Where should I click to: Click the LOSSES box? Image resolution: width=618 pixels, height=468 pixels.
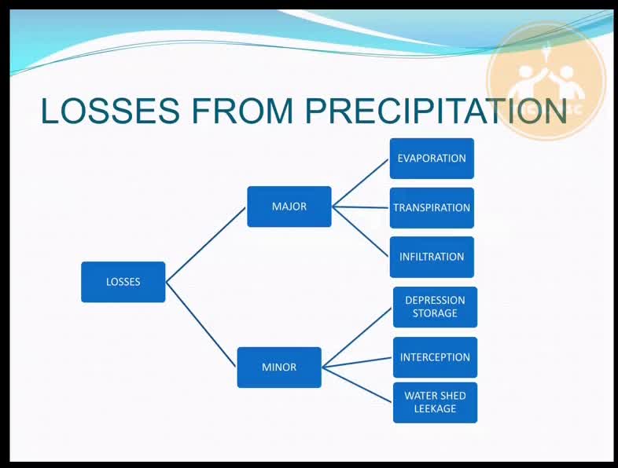tap(123, 282)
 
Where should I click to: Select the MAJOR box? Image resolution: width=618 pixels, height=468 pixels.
tap(289, 207)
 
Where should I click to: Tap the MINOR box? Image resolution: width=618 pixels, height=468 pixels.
tap(279, 367)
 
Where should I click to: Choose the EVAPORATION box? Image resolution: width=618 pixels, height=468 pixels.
tap(432, 159)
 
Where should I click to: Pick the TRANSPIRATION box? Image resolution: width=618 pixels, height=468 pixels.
tap(432, 208)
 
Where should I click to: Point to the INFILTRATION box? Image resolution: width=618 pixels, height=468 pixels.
tap(432, 257)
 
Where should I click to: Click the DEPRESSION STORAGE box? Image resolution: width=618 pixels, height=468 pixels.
tap(435, 307)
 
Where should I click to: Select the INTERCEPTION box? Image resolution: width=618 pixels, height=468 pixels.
tap(435, 357)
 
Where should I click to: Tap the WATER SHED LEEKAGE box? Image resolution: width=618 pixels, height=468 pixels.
tap(435, 403)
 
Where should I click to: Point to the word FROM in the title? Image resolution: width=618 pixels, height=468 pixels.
tap(242, 110)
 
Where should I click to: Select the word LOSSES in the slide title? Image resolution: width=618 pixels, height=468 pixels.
tap(110, 110)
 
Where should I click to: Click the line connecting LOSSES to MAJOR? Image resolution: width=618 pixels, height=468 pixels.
tap(206, 245)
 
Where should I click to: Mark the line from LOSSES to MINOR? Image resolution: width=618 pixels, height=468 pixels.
tap(201, 324)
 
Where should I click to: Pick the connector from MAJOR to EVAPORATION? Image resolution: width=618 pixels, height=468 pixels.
tap(361, 183)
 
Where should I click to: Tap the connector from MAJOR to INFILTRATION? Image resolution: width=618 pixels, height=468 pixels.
tap(361, 232)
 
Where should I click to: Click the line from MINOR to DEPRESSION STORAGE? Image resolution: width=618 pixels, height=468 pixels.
tap(357, 338)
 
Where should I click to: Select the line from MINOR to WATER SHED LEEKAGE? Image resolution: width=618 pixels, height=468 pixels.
tap(357, 385)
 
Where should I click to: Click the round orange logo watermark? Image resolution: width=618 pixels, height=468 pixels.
tap(546, 81)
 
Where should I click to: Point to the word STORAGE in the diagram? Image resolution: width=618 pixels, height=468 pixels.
tap(435, 313)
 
